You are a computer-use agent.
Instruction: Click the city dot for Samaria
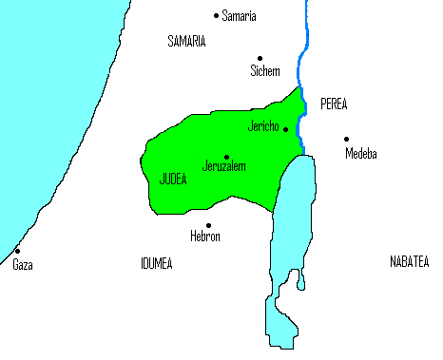pos(216,15)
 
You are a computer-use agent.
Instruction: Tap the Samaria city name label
pos(239,16)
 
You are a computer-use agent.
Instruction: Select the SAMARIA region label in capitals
pos(186,42)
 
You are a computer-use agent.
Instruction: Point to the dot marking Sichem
pos(260,57)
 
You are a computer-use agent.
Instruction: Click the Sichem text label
pos(264,70)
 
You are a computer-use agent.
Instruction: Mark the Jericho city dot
pos(285,129)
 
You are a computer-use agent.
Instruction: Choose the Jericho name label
pos(262,126)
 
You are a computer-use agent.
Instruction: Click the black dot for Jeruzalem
pos(226,157)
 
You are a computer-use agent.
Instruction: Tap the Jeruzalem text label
pos(224,167)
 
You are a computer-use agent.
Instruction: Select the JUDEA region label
pos(172,178)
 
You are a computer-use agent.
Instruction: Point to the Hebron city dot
pos(208,225)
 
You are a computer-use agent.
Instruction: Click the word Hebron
pos(205,237)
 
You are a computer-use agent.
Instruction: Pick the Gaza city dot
pos(17,252)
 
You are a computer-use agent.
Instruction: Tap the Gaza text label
pos(22,265)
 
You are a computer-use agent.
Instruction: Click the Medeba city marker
pos(346,139)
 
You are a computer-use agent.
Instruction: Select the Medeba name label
pos(360,153)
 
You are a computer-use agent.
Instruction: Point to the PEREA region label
pos(334,103)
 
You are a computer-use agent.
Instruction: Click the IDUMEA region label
pos(156,263)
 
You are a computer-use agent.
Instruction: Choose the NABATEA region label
pos(409,260)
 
